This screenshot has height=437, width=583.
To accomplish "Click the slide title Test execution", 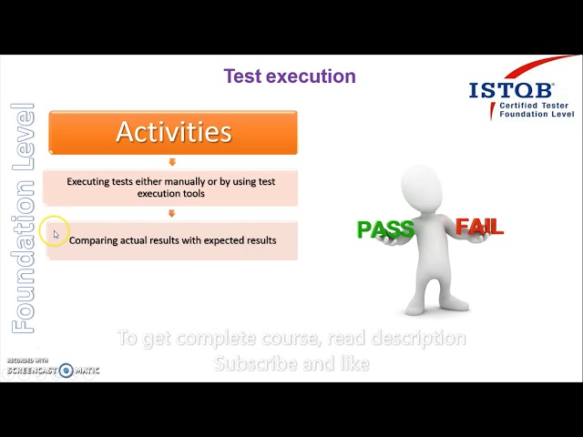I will (290, 76).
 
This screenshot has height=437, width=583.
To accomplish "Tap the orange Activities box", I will (173, 132).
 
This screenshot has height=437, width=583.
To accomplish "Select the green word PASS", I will (384, 229).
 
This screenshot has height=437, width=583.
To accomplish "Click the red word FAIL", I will (479, 227).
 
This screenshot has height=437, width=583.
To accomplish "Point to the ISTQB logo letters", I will (511, 91).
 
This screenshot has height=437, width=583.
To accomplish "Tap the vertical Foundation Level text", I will (23, 218).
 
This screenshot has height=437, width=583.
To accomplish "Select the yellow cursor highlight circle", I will (54, 232).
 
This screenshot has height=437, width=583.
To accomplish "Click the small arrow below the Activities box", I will (172, 162).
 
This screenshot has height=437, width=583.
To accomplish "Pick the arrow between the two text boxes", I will (172, 214).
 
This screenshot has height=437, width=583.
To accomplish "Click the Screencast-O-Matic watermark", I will (53, 370).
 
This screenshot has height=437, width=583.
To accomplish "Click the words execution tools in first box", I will (171, 193).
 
